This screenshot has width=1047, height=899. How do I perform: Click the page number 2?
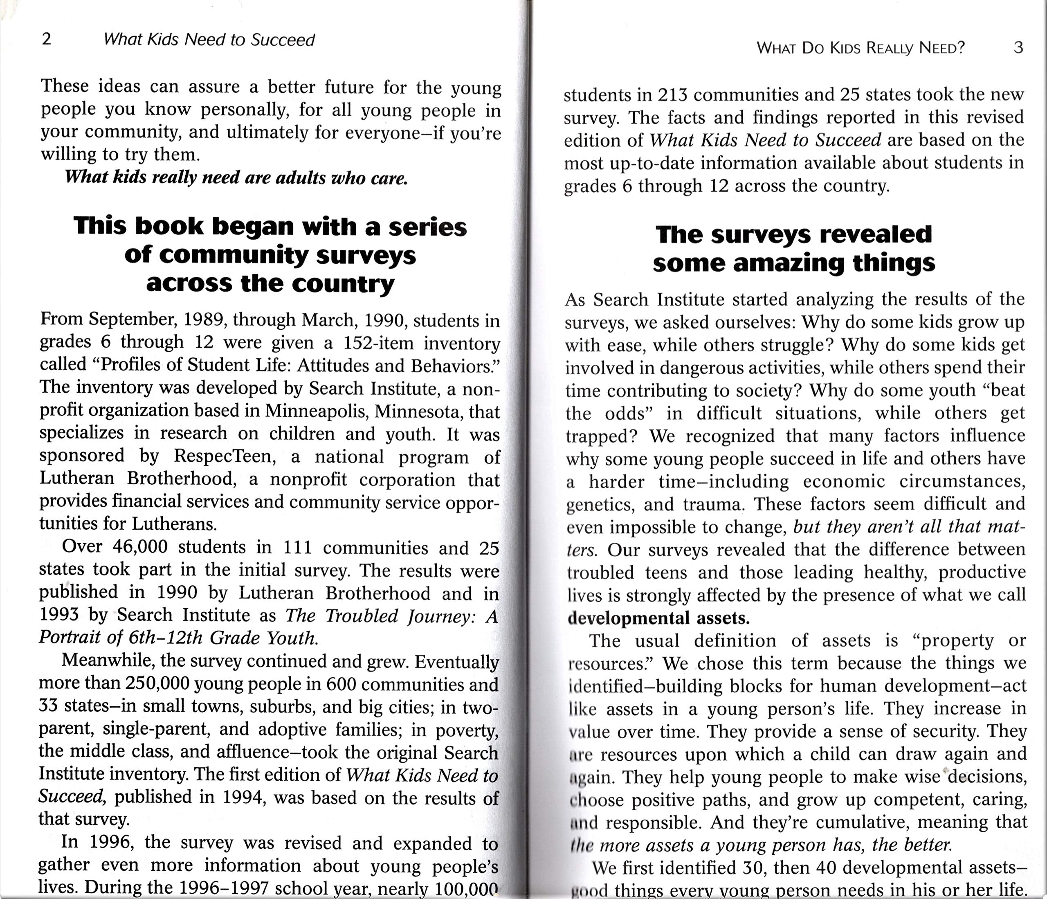click(47, 39)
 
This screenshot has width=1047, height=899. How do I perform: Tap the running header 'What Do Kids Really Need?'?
click(860, 48)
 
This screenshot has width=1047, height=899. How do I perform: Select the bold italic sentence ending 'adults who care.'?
click(236, 178)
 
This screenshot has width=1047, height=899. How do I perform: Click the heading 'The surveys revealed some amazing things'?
click(793, 249)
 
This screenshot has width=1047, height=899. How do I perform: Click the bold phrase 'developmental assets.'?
click(658, 618)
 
